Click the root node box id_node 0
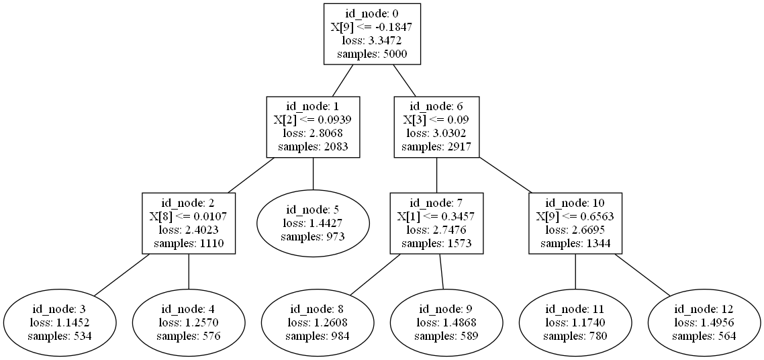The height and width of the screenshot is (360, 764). (372, 34)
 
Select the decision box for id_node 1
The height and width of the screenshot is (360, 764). (313, 127)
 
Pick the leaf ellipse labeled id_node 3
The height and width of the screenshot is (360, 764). (59, 322)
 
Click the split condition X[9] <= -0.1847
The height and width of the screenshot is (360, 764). (372, 28)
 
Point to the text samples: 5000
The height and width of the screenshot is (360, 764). (372, 54)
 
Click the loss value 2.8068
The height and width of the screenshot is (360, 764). (313, 133)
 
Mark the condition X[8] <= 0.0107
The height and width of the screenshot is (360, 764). (189, 217)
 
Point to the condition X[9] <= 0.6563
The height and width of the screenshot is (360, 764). (575, 217)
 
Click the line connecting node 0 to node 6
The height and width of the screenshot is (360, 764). (403, 81)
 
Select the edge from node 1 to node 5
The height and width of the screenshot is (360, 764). (313, 175)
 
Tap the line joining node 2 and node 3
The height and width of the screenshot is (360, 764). (122, 275)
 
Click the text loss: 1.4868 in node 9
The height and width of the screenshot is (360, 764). (446, 322)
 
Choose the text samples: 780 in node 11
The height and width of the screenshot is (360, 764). (575, 335)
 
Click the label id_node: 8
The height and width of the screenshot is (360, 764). (318, 310)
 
